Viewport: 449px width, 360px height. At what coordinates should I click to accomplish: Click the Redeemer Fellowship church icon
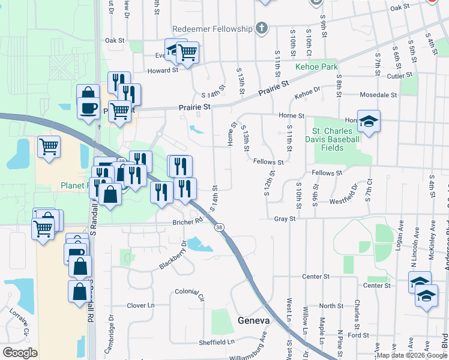261,28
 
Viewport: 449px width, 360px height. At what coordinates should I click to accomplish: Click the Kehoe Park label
316,67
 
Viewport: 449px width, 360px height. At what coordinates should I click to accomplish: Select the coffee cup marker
89,108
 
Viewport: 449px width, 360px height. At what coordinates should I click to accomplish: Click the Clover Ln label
140,305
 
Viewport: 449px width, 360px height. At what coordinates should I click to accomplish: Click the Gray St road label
285,219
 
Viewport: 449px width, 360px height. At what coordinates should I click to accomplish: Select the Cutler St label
399,76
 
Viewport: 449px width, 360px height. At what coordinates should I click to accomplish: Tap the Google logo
20,353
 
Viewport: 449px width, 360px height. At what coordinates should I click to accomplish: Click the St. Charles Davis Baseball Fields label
336,139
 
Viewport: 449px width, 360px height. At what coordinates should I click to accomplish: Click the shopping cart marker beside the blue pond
48,146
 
